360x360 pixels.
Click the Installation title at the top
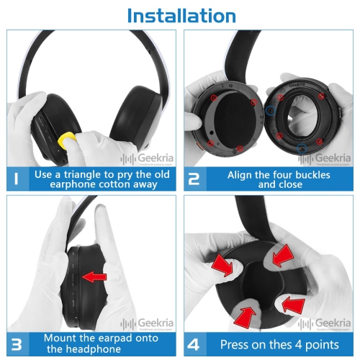coord(180,15)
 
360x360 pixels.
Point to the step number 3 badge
coord(17,343)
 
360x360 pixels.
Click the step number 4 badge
coord(194,343)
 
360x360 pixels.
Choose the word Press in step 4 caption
coord(236,343)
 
